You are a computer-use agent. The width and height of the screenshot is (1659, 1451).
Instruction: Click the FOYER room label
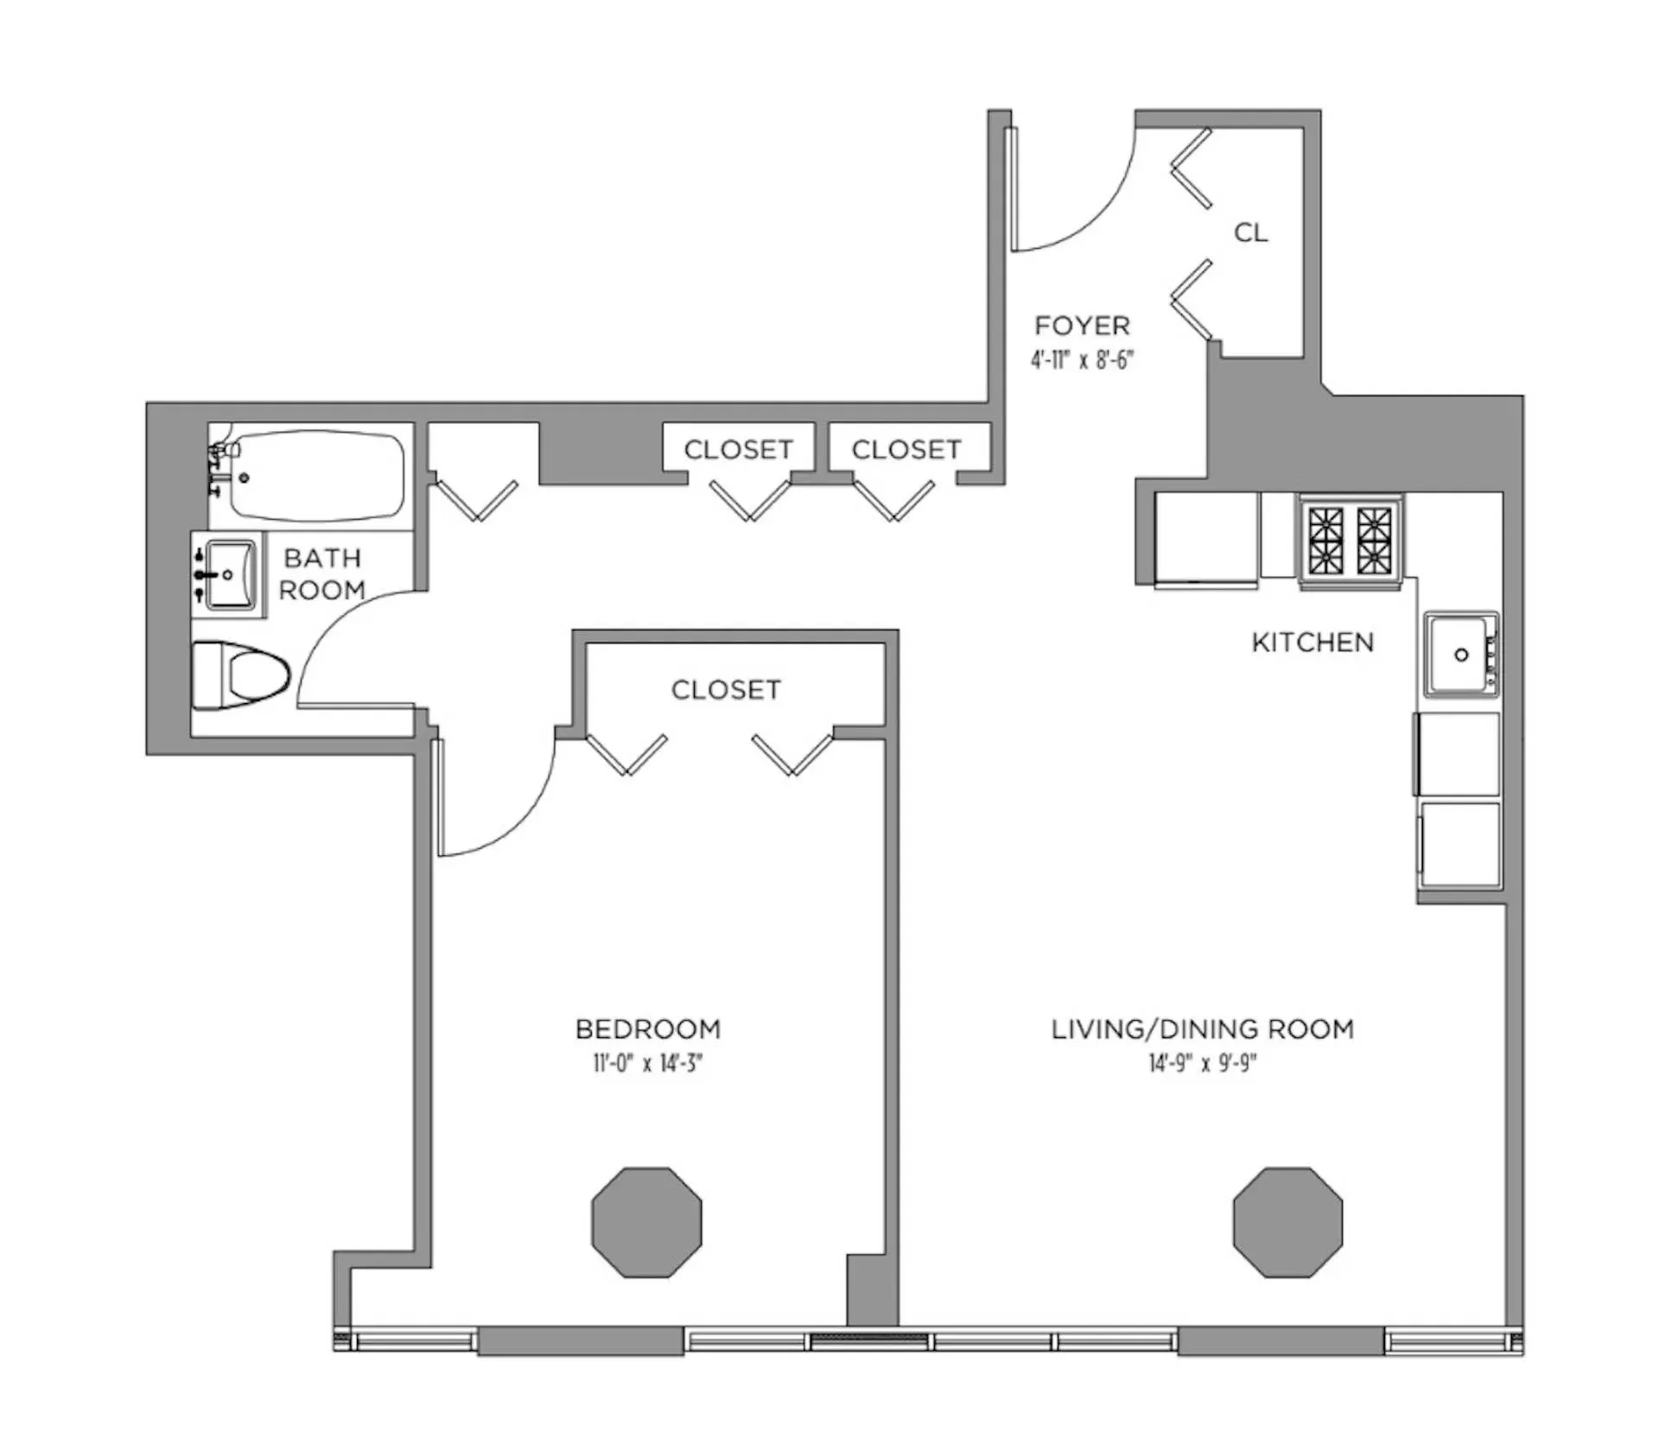(1082, 326)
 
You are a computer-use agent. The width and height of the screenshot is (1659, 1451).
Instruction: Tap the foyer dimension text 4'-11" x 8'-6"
(1081, 359)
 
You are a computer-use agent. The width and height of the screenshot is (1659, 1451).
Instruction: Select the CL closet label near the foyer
(1250, 232)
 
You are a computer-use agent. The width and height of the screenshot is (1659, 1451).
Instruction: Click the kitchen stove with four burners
(1350, 541)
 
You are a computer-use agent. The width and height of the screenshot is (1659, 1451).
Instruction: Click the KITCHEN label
(1312, 642)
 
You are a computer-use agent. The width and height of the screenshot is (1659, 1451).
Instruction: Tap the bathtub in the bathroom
(316, 476)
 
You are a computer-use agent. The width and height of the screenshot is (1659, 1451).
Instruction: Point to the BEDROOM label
(647, 1029)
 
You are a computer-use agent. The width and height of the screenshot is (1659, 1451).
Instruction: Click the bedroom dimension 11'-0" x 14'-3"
(647, 1062)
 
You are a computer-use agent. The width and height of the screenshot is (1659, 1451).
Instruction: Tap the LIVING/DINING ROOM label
(1202, 1029)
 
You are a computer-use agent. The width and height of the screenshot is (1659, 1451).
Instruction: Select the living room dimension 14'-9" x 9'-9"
(1202, 1062)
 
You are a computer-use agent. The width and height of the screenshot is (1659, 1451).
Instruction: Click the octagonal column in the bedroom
(646, 1222)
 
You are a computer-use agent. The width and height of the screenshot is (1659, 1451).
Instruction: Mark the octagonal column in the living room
(1287, 1222)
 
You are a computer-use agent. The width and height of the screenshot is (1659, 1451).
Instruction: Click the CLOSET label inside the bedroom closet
(726, 689)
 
